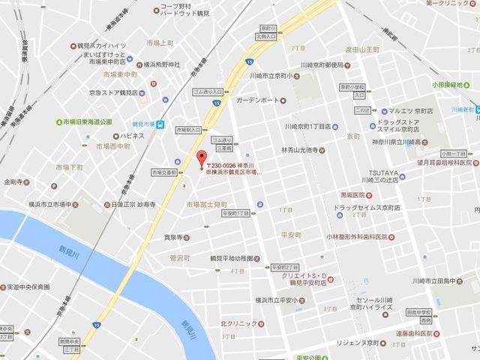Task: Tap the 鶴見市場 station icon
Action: click(x=161, y=125)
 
